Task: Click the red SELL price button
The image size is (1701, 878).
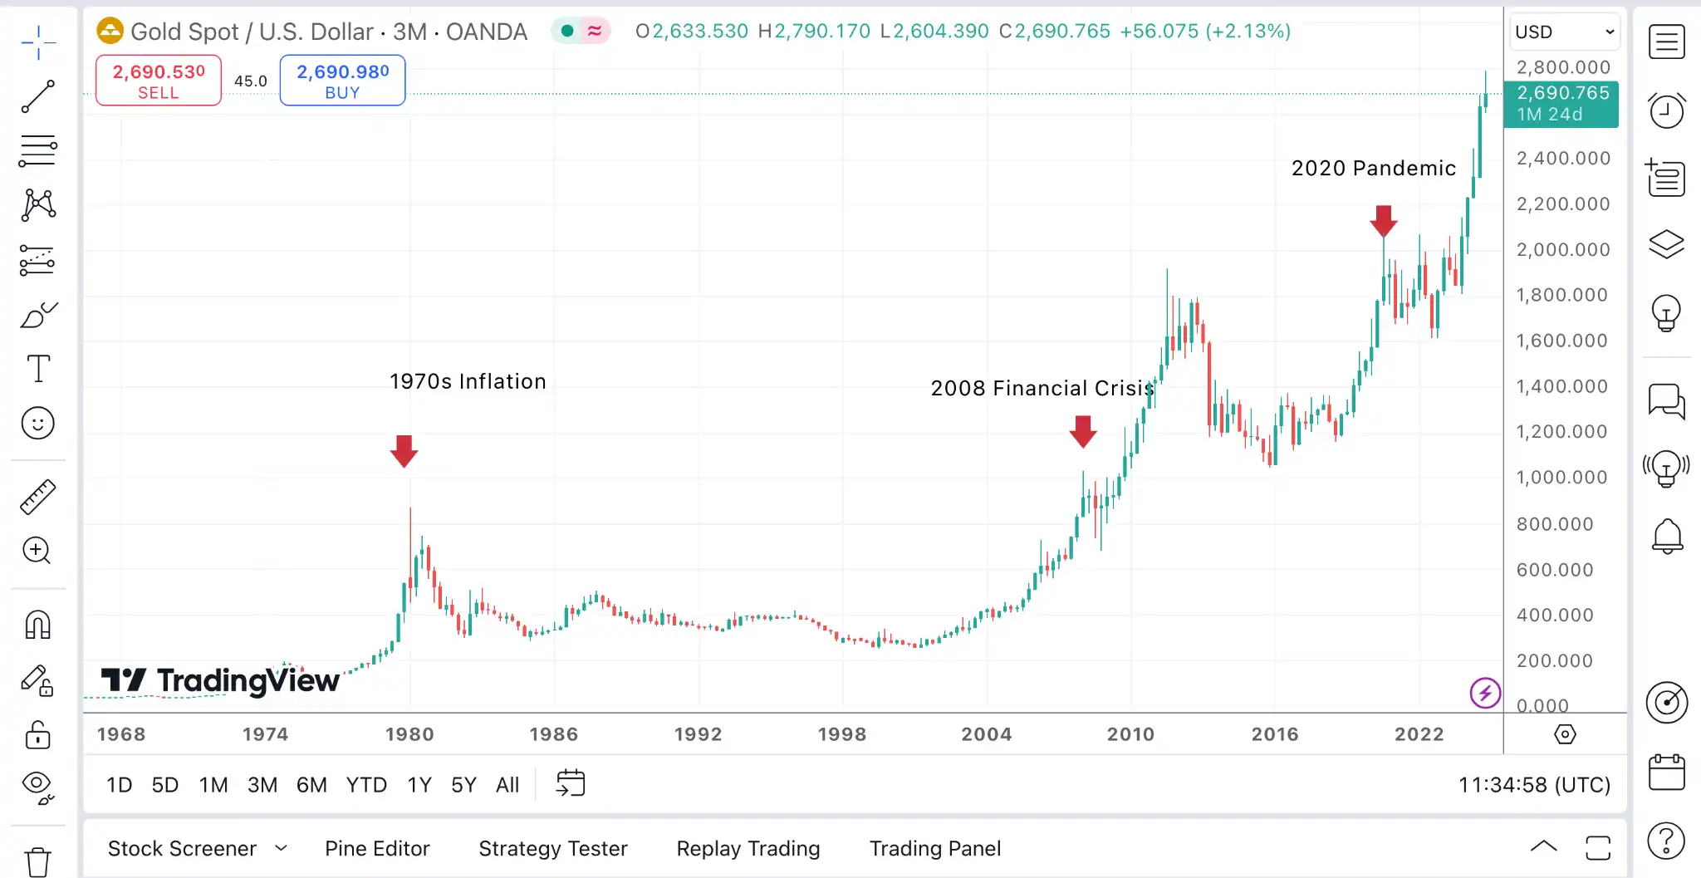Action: [x=159, y=81]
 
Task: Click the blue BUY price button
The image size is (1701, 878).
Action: [x=342, y=81]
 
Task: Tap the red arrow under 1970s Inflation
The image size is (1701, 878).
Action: [x=404, y=451]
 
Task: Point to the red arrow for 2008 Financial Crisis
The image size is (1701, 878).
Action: [x=1083, y=431]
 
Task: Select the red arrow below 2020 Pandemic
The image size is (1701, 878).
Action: [x=1383, y=221]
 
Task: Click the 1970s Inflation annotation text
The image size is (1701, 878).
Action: [x=468, y=381]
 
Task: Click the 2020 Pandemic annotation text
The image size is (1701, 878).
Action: [x=1373, y=168]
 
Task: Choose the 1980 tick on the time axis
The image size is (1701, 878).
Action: [x=409, y=734]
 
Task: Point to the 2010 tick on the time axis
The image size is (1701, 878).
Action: [x=1130, y=734]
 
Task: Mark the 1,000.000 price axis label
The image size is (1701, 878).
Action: [x=1561, y=478]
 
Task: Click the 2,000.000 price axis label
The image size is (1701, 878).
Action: [x=1562, y=249]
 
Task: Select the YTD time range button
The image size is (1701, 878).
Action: [x=366, y=785]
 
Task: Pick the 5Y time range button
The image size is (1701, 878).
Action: [x=463, y=785]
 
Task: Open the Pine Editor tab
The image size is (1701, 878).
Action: [x=377, y=848]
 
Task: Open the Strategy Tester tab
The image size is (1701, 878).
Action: [x=552, y=848]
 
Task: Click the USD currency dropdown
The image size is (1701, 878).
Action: [x=1564, y=32]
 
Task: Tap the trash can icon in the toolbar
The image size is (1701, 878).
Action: [x=37, y=861]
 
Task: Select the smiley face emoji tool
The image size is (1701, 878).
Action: [x=37, y=424]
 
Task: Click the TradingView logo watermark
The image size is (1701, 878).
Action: [x=220, y=680]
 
